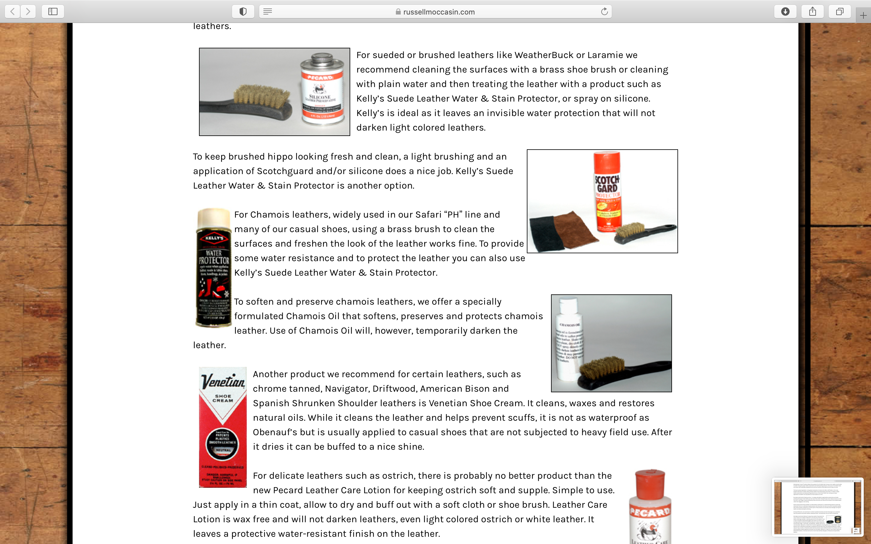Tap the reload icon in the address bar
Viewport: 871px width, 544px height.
[x=604, y=11]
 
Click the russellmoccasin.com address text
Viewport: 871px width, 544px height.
[x=439, y=12]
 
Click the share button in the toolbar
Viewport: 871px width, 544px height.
[x=813, y=11]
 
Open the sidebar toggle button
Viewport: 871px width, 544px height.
[x=53, y=11]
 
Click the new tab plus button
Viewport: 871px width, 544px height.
[x=863, y=15]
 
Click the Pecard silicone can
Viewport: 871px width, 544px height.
[x=321, y=90]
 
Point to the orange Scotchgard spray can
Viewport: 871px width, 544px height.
[x=608, y=191]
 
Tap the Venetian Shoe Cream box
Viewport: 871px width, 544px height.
[x=223, y=427]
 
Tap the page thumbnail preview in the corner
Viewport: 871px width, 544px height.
[x=817, y=507]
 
